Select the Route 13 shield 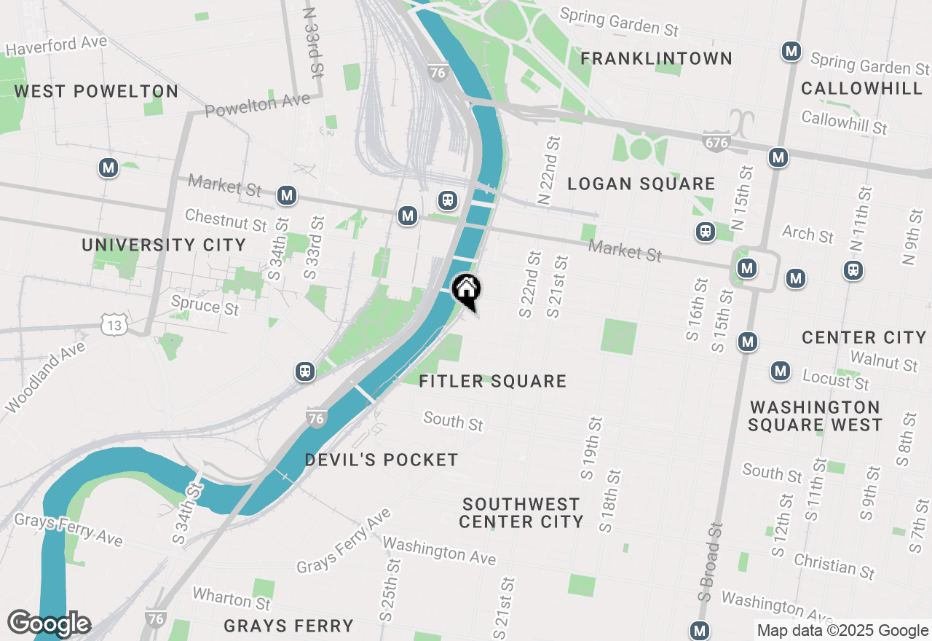tap(114, 326)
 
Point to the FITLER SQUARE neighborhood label tap(493, 381)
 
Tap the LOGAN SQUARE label tap(641, 184)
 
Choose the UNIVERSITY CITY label tap(164, 245)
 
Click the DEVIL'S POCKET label tap(382, 460)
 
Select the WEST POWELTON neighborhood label tap(96, 91)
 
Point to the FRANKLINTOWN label tap(656, 58)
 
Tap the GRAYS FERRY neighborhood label tap(288, 626)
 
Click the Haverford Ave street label tap(57, 45)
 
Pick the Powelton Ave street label tap(257, 106)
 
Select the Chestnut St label tap(226, 219)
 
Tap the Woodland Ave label tap(45, 376)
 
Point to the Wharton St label tap(231, 599)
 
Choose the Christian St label tap(834, 565)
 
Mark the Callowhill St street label tap(844, 122)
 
